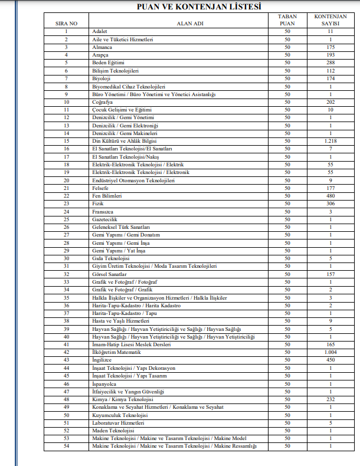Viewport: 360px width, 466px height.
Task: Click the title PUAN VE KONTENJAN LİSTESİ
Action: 190,6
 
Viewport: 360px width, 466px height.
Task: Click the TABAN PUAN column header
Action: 287,20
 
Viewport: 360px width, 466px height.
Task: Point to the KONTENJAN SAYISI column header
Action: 330,20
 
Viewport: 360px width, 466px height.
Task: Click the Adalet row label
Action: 100,31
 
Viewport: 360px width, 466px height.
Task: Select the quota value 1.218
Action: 330,141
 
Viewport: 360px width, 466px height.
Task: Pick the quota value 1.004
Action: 330,352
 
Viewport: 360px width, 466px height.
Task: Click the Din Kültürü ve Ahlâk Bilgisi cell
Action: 123,141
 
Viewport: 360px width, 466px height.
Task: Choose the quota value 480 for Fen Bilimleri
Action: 330,196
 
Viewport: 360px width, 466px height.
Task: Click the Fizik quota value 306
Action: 330,204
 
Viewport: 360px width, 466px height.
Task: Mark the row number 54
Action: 67,446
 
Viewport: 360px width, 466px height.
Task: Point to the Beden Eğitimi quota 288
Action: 330,63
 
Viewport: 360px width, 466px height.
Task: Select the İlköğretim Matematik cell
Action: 116,352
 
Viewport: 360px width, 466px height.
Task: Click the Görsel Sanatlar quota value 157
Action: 330,274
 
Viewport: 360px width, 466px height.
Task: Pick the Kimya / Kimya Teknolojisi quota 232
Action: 330,399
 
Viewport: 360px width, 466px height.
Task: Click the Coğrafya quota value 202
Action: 330,102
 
